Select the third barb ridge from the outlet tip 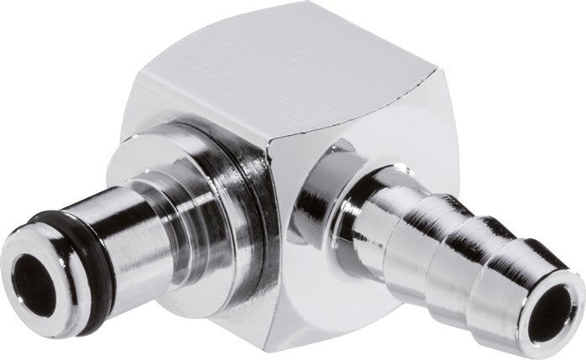(428, 222)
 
